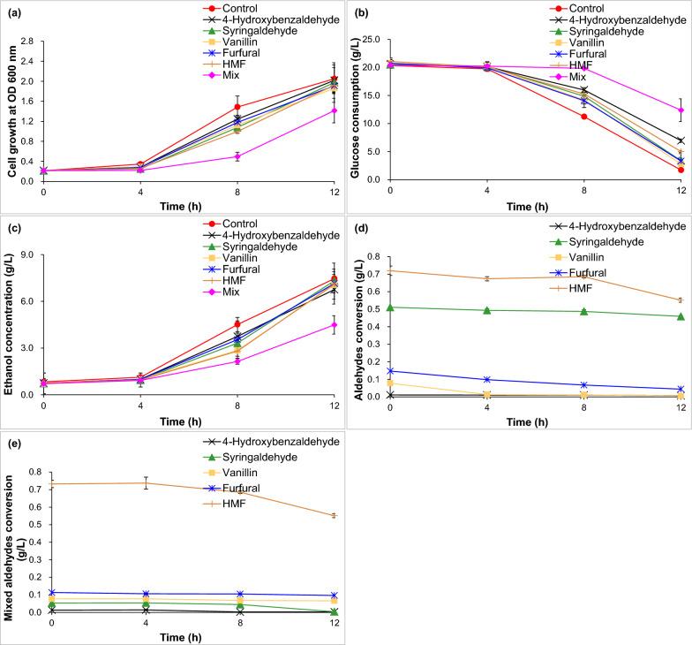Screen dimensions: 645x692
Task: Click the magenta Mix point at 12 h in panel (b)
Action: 680,110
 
